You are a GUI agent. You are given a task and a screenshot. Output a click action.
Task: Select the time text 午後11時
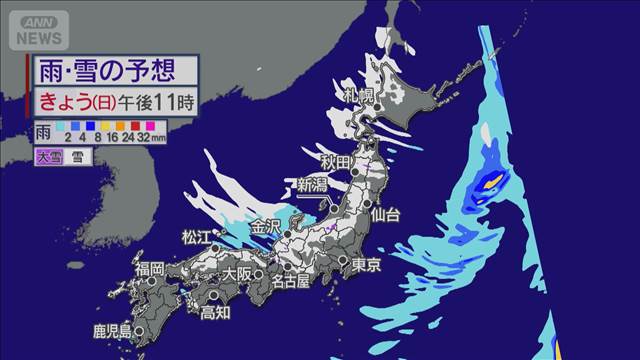coord(150,99)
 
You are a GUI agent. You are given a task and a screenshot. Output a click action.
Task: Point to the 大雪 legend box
coord(46,156)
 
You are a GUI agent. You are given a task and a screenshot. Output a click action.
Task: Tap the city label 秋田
coord(337,163)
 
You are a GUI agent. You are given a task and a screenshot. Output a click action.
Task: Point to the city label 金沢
coord(266,226)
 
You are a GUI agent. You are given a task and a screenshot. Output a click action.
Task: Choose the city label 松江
coord(196,237)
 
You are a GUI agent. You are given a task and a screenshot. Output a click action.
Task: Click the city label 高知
coord(215,312)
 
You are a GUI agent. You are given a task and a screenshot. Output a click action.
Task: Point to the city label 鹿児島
coord(110,331)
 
